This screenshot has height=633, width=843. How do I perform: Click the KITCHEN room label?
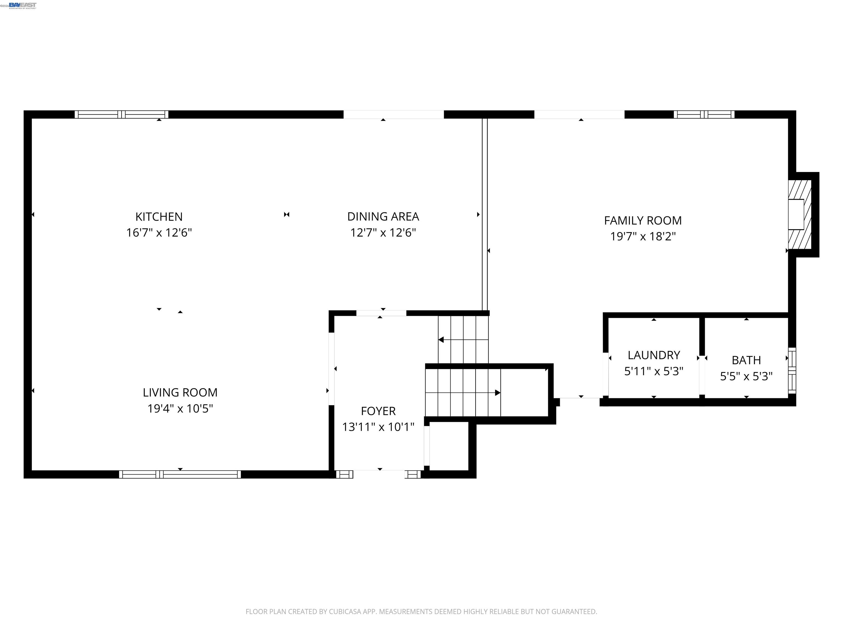(159, 217)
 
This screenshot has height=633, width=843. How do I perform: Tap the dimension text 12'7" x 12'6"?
(383, 233)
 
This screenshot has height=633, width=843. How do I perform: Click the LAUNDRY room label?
(654, 355)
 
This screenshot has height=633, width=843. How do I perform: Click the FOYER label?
(378, 411)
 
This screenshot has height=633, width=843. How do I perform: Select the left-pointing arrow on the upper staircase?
(441, 340)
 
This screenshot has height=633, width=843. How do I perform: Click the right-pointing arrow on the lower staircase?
(497, 393)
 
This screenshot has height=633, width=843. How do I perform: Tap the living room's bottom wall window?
(180, 474)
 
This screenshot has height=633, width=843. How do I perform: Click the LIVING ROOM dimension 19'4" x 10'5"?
(180, 409)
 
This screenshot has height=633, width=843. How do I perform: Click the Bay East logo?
(23, 5)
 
